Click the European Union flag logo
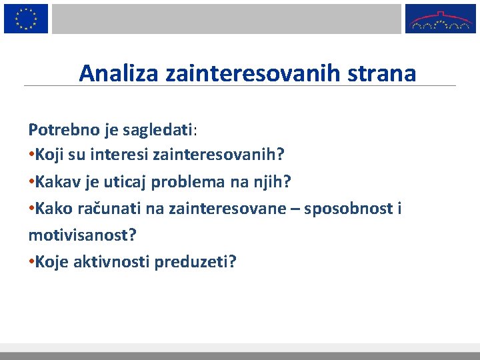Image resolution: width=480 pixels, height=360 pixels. (26, 18)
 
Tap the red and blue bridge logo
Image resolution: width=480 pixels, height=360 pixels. (441, 19)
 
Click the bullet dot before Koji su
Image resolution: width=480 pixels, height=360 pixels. (31, 155)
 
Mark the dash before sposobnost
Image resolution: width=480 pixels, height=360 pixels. (311, 209)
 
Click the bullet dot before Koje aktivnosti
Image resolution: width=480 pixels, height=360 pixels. (31, 262)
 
